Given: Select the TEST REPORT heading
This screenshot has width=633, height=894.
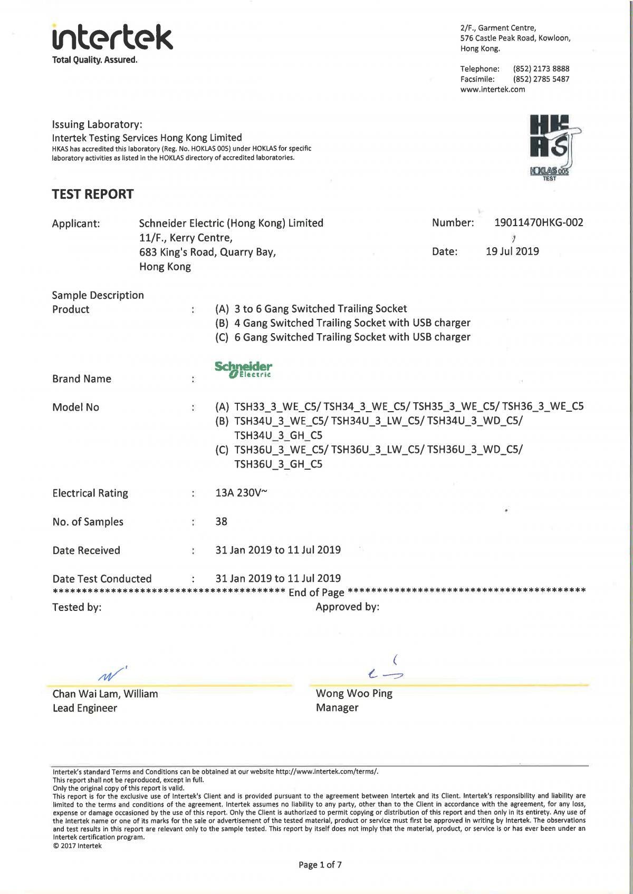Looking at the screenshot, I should tap(93, 194).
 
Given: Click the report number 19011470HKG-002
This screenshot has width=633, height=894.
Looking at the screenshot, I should tap(539, 222).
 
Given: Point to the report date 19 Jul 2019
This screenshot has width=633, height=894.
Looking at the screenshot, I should tap(512, 251).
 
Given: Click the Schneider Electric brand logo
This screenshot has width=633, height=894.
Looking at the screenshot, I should tap(243, 370).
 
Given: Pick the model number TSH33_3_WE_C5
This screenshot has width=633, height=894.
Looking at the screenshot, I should tap(277, 406).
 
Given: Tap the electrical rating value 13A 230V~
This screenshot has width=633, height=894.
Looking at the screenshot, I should tap(241, 493).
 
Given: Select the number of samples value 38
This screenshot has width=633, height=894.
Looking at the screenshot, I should tap(222, 521).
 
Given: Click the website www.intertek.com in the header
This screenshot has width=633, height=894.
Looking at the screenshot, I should tap(493, 89).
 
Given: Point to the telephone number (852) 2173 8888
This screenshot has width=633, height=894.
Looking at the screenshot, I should tap(541, 69).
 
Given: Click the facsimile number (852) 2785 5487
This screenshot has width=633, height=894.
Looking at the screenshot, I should tap(541, 79).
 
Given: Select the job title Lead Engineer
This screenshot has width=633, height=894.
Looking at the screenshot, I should tap(85, 708).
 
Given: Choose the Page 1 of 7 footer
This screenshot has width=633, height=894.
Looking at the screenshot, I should tap(320, 864).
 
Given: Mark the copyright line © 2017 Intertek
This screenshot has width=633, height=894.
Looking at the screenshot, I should tap(77, 846).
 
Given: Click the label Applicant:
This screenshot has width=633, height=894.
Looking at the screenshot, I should tap(76, 224).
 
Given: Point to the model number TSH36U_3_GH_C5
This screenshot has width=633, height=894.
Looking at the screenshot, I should tap(279, 464).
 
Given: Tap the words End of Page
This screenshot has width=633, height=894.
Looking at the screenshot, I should tap(316, 592).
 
